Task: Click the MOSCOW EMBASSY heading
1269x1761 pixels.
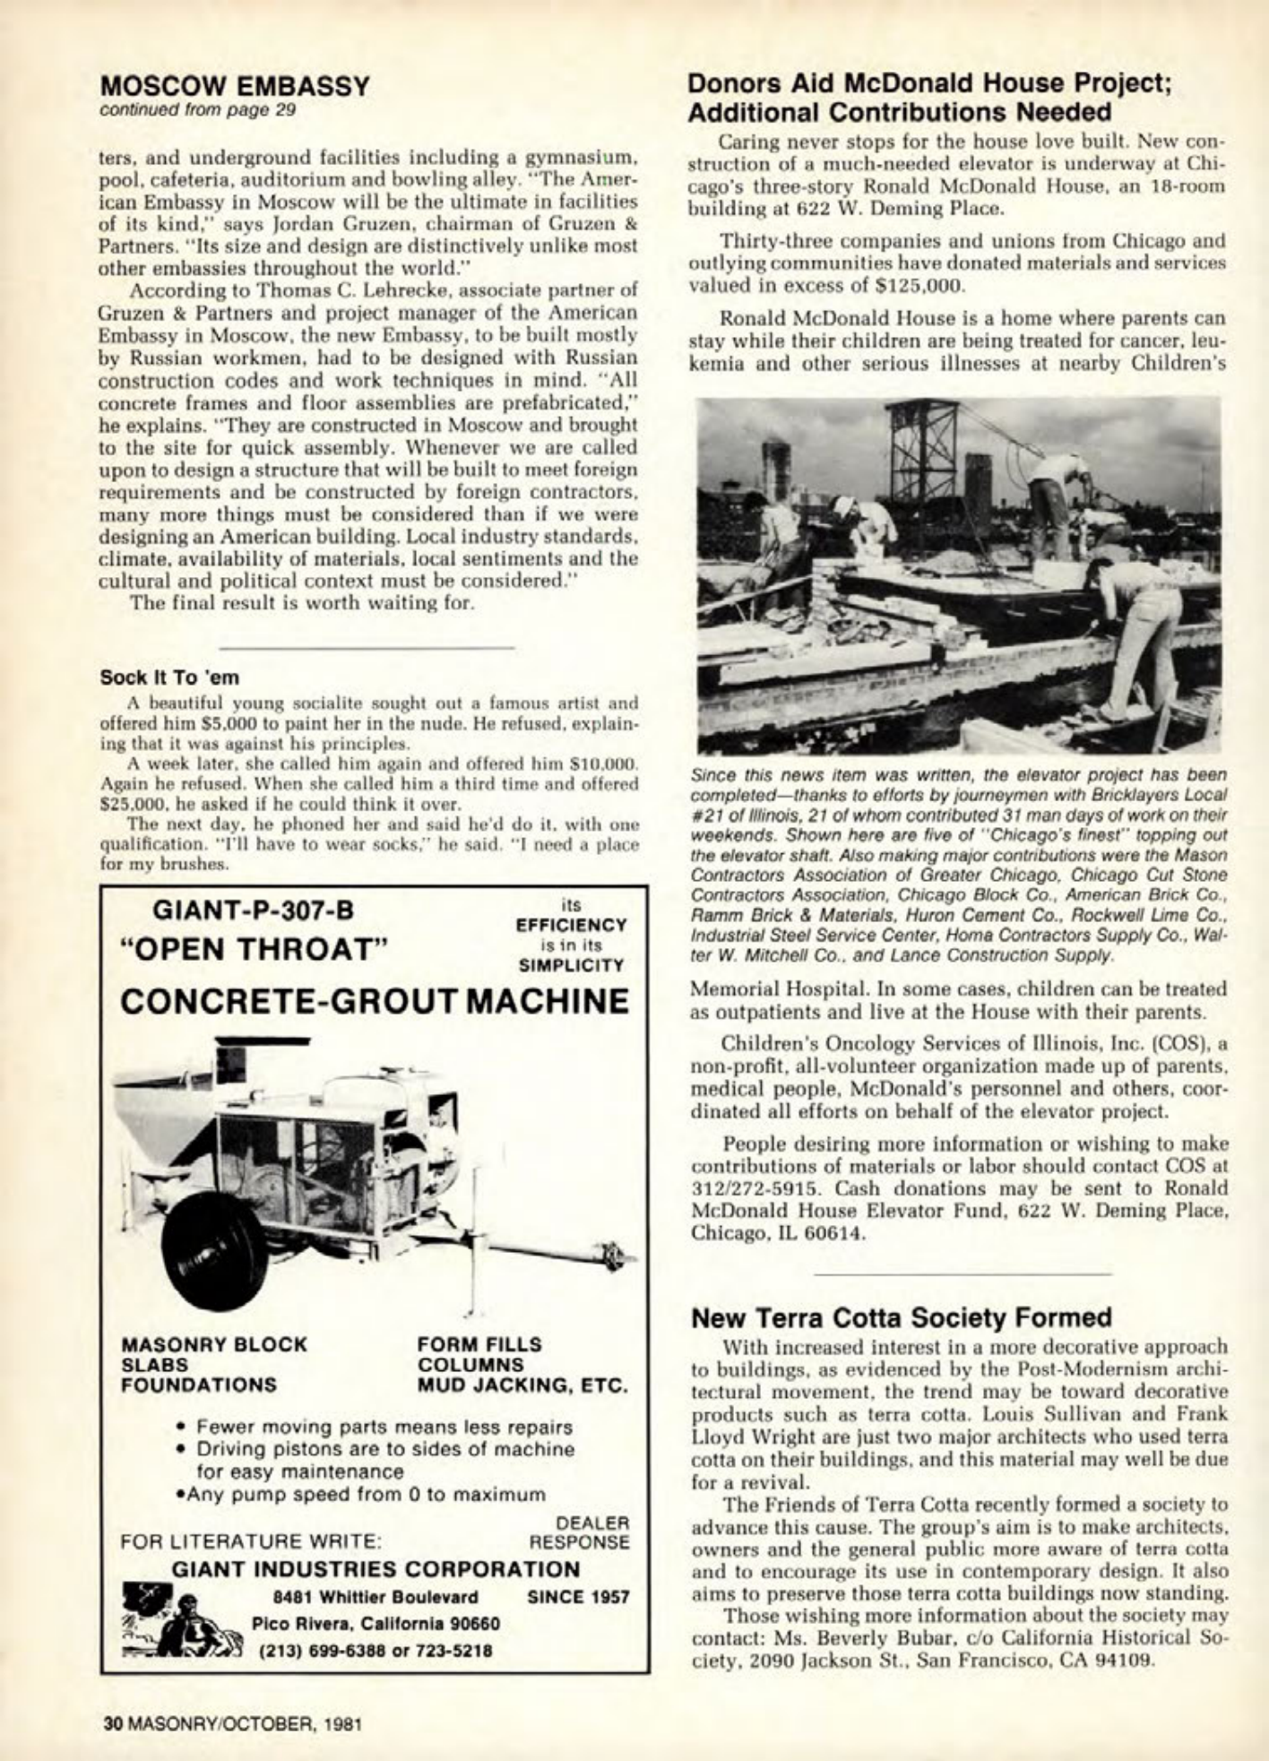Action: coord(235,86)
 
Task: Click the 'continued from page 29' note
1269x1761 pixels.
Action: coord(196,110)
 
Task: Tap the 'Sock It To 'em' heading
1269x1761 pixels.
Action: coord(169,677)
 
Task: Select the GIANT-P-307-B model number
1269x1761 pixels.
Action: coord(254,910)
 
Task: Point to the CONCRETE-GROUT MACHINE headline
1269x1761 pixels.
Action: coord(374,1001)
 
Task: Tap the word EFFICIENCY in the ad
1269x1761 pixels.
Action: coord(572,925)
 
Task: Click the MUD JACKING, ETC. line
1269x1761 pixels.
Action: coord(522,1385)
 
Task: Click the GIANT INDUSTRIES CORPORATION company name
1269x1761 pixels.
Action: coord(376,1569)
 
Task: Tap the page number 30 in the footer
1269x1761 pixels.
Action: coord(111,1723)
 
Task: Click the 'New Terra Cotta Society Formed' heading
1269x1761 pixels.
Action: coord(902,1317)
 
